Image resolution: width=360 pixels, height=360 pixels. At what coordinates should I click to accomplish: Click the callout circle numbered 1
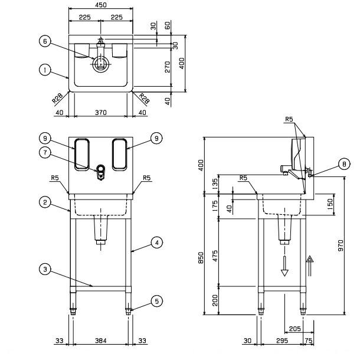pyautogui.click(x=44, y=70)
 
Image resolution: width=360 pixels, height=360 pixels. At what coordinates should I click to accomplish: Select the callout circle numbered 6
pyautogui.click(x=44, y=41)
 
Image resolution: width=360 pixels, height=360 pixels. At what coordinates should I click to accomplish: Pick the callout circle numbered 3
pyautogui.click(x=44, y=269)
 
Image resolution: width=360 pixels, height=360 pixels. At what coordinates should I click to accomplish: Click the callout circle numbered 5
pyautogui.click(x=156, y=301)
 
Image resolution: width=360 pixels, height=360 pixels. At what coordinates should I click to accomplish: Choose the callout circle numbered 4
pyautogui.click(x=156, y=241)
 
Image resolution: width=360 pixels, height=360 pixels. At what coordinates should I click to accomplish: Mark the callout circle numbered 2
pyautogui.click(x=44, y=202)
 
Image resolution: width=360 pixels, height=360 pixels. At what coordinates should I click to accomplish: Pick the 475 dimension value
pyautogui.click(x=215, y=255)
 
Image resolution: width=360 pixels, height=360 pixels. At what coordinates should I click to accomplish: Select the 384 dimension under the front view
pyautogui.click(x=100, y=341)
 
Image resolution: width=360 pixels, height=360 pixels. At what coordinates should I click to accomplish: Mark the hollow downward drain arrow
pyautogui.click(x=285, y=266)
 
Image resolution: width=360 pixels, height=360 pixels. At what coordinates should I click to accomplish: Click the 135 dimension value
pyautogui.click(x=215, y=184)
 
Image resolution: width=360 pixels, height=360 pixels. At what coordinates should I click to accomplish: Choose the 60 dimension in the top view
pyautogui.click(x=168, y=25)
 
